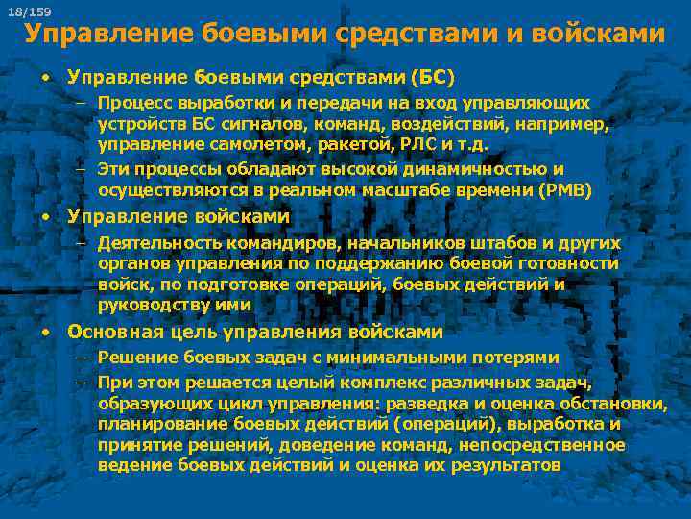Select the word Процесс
tap(135, 103)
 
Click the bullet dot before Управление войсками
tap(45, 217)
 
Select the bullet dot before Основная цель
tap(45, 333)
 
